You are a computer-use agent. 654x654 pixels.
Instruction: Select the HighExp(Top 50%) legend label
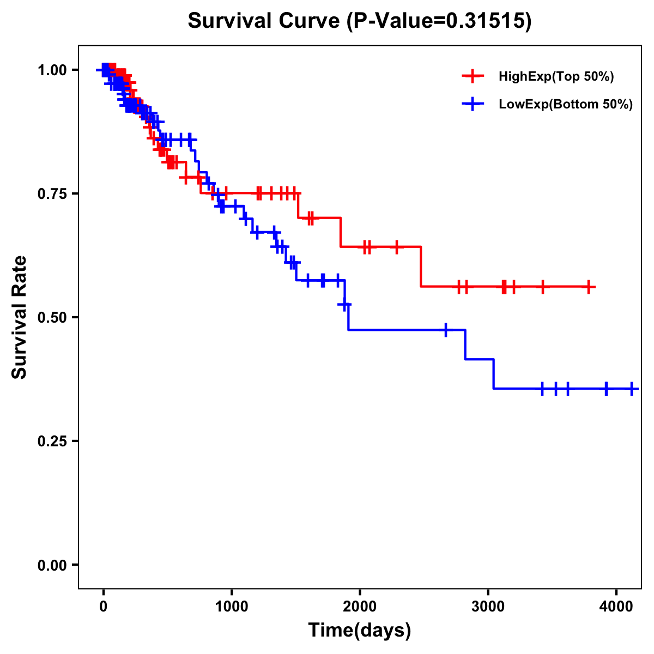pos(556,77)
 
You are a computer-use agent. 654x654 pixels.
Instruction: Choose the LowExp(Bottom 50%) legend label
pos(566,104)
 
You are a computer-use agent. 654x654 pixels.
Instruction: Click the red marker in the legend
pos(473,76)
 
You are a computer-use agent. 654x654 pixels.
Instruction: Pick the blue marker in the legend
pos(473,104)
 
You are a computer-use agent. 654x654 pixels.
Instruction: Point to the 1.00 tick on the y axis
pos(52,70)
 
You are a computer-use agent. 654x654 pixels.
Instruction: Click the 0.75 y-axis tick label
pos(52,193)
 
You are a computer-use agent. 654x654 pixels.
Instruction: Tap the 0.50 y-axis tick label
pos(52,317)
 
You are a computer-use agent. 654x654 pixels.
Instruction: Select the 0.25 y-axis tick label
pos(52,441)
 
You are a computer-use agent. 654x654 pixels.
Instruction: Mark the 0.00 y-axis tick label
pos(52,565)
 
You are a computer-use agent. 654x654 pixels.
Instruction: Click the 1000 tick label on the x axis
pos(232,605)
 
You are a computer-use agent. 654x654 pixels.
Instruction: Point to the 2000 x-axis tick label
pos(360,605)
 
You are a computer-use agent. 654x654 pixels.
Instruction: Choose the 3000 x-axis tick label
pos(488,605)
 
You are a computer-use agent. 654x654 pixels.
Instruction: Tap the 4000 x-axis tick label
pos(616,605)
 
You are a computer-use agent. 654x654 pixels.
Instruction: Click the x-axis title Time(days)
pos(360,631)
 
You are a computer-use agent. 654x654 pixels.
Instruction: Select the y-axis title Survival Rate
pos(20,317)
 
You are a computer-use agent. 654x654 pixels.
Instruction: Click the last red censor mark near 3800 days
pos(589,287)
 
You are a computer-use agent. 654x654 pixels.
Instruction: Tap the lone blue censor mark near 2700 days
pos(446,330)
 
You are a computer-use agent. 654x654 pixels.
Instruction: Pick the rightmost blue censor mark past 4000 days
pos(632,389)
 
